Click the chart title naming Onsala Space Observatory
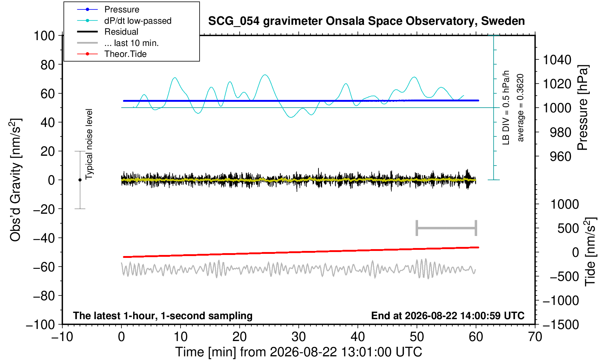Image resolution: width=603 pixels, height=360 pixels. tap(366, 21)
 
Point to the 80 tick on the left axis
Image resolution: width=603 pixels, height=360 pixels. tap(48, 65)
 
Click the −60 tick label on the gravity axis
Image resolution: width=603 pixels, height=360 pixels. tap(44, 267)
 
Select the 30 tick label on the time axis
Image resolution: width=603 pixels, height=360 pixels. tap(298, 337)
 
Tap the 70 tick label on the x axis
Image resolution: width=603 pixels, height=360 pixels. tap(535, 337)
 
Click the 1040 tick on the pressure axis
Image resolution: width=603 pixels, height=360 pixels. tap(557, 60)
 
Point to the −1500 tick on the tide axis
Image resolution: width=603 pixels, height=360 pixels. tap(561, 325)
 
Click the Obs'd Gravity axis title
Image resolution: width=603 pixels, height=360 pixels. tap(15, 180)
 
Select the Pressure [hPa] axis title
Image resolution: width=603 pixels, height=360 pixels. tap(583, 108)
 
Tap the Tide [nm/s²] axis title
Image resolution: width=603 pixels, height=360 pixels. tap(590, 252)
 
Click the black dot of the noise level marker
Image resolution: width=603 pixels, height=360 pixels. tap(80, 180)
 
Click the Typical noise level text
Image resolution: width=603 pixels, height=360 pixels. tap(89, 144)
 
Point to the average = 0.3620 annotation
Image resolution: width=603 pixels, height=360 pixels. tap(521, 108)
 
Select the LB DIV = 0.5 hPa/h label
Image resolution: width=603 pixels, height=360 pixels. tap(506, 108)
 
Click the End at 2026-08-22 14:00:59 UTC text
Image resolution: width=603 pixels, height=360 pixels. tap(448, 316)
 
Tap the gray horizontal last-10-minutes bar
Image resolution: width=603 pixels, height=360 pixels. tap(447, 228)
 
